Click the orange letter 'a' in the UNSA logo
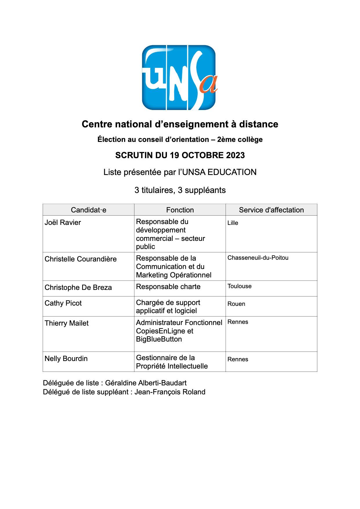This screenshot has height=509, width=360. [210, 84]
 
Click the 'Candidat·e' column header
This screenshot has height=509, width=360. [89, 210]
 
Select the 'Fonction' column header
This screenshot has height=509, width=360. [180, 210]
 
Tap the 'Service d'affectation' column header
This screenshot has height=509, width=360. [271, 210]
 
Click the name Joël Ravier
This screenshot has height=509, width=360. [63, 223]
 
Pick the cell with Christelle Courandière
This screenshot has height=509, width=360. [81, 259]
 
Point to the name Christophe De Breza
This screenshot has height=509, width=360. [78, 288]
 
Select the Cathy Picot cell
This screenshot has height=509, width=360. [63, 303]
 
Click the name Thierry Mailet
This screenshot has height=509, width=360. [66, 323]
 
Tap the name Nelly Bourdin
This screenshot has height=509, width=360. [66, 359]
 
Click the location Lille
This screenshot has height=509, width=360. [233, 223]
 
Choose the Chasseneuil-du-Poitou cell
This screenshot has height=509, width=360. [258, 258]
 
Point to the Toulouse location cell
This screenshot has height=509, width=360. [240, 286]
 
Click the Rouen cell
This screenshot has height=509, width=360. [236, 304]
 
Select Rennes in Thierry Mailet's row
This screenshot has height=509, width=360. [238, 322]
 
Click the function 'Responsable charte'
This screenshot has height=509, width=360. [168, 287]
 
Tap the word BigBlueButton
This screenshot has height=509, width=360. [159, 339]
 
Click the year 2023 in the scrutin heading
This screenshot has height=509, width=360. [235, 155]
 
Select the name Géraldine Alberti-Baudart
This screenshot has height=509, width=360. [146, 383]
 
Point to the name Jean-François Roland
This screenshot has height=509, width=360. [170, 392]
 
